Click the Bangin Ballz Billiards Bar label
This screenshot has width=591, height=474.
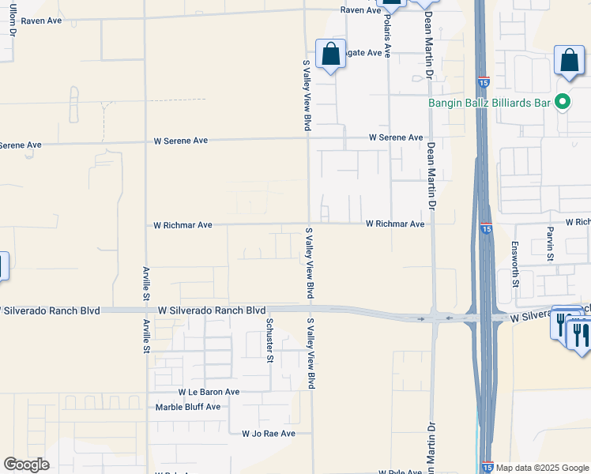pos(489,102)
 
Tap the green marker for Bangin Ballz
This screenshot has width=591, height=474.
pos(563,102)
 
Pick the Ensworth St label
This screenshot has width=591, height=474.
pos(515,264)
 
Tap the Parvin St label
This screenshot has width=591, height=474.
pos(551,244)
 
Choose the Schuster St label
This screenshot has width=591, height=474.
pos(269,340)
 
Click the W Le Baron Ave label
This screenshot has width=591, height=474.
pos(209,392)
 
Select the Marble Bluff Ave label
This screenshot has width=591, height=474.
pos(188,407)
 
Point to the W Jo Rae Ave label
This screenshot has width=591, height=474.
pos(269,434)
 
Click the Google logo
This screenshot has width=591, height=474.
pos(26,465)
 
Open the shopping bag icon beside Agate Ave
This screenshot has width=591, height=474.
pos(331,55)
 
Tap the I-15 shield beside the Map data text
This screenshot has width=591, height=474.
pos(487,468)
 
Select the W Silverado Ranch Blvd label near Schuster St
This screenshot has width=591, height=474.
pos(212,310)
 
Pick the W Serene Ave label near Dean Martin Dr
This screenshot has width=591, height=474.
pos(396,137)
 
